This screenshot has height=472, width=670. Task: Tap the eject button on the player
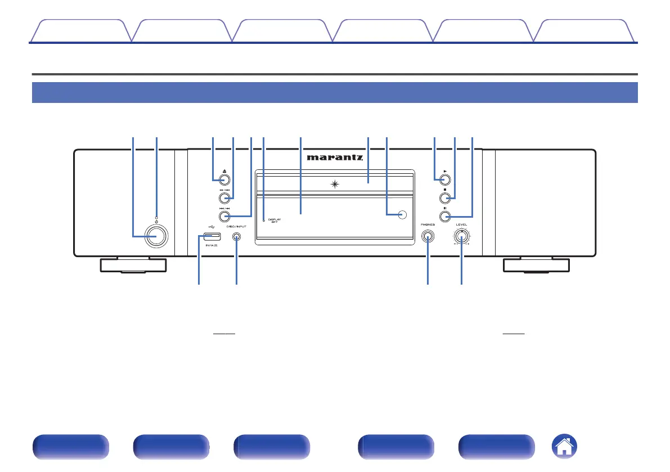[223, 180]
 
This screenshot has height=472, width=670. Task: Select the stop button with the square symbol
[445, 197]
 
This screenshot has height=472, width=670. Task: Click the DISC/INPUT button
[236, 237]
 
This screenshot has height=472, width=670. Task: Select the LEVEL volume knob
[462, 238]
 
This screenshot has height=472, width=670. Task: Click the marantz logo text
[335, 158]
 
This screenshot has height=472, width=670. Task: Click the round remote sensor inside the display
[402, 214]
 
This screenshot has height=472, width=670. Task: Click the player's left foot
[133, 265]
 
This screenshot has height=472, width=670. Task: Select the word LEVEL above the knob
[462, 224]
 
